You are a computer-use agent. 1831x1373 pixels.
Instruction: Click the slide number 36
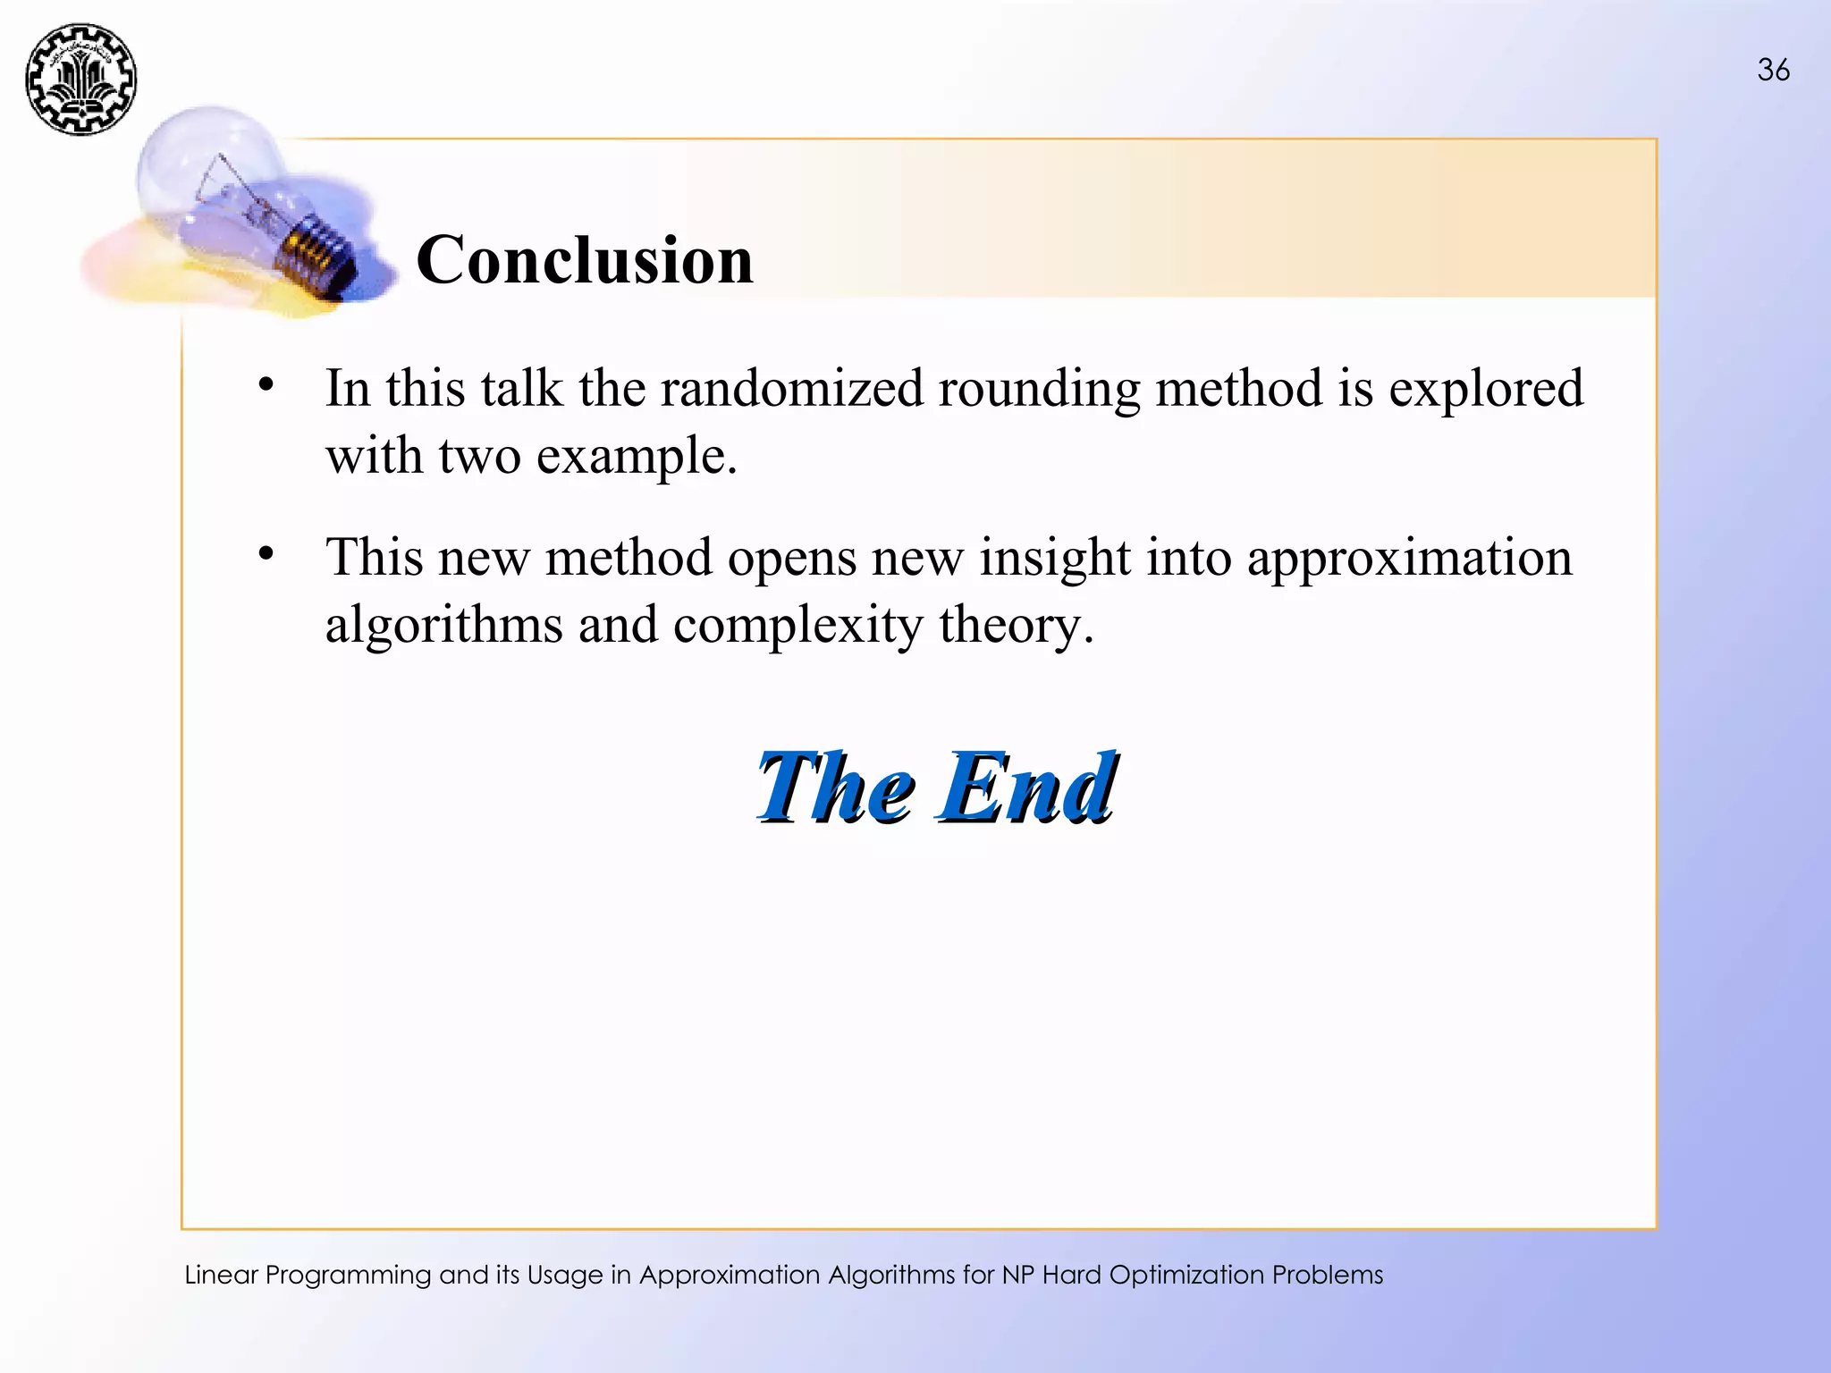[x=1773, y=70]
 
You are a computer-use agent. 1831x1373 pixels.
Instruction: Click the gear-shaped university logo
[x=80, y=80]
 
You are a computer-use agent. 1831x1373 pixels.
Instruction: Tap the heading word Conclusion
[x=585, y=260]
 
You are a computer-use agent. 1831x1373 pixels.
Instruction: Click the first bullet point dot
[x=266, y=386]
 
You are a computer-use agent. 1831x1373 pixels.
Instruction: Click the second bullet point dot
[x=266, y=555]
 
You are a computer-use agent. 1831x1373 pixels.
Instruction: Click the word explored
[x=1485, y=390]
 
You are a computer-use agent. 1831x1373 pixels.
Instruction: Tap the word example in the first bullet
[x=636, y=458]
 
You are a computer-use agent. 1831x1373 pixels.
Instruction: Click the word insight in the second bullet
[x=1055, y=559]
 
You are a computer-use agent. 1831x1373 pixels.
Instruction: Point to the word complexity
[x=797, y=626]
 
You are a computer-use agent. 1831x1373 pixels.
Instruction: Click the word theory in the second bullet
[x=1016, y=626]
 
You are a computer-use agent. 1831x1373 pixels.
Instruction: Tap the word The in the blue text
[x=835, y=787]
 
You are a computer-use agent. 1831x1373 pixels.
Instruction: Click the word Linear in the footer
[x=221, y=1275]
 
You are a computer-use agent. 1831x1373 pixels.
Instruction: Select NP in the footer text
[x=1017, y=1275]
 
